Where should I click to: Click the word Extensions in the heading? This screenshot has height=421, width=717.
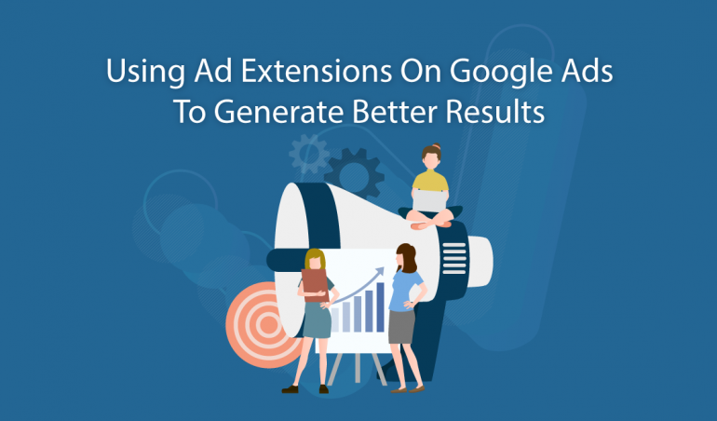(317, 71)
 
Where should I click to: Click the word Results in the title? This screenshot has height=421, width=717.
(495, 111)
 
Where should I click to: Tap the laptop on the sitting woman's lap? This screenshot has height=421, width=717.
(429, 201)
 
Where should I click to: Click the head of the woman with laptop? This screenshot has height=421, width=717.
(431, 157)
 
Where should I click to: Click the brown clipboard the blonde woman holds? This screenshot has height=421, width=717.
(315, 285)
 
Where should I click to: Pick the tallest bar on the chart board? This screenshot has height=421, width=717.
(380, 307)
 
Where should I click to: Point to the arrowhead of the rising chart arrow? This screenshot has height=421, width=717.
(379, 271)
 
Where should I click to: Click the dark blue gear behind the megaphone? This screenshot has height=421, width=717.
(354, 173)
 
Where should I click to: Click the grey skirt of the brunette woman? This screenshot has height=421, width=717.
(401, 326)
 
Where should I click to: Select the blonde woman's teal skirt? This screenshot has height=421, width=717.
(317, 320)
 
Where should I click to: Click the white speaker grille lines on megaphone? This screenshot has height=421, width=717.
(454, 259)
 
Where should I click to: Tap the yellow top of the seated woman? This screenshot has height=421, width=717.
(430, 181)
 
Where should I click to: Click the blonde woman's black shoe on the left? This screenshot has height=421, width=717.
(290, 389)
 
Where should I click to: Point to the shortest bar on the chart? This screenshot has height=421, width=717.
(335, 319)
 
